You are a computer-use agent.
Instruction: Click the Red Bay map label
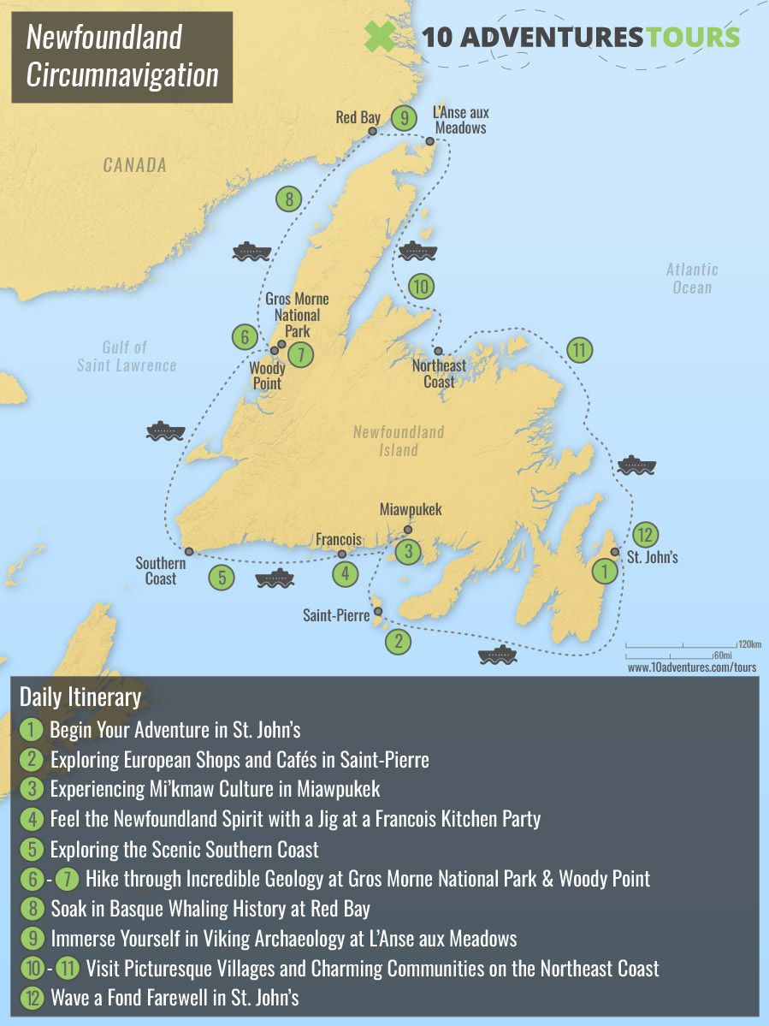coord(358,117)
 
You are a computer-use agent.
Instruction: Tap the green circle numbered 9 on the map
coord(404,118)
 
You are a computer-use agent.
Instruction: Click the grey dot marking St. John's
coord(614,552)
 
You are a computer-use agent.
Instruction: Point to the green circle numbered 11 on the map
coord(579,349)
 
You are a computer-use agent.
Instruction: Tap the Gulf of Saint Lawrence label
coord(127,356)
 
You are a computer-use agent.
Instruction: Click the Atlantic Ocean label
coord(692,278)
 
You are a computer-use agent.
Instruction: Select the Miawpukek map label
coord(411,509)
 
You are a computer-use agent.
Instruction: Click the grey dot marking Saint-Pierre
coord(378,611)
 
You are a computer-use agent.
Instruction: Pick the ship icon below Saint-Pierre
coord(498,655)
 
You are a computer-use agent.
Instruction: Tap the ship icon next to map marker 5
coord(275,578)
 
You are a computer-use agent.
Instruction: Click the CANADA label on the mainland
coord(135,165)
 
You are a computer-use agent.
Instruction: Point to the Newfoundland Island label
coord(399,441)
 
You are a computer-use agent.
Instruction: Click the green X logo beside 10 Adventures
coord(381,37)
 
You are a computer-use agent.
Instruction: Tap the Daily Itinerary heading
coord(80,697)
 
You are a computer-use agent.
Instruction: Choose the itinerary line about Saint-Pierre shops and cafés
coord(240,760)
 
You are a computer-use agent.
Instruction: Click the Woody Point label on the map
coord(267,376)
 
